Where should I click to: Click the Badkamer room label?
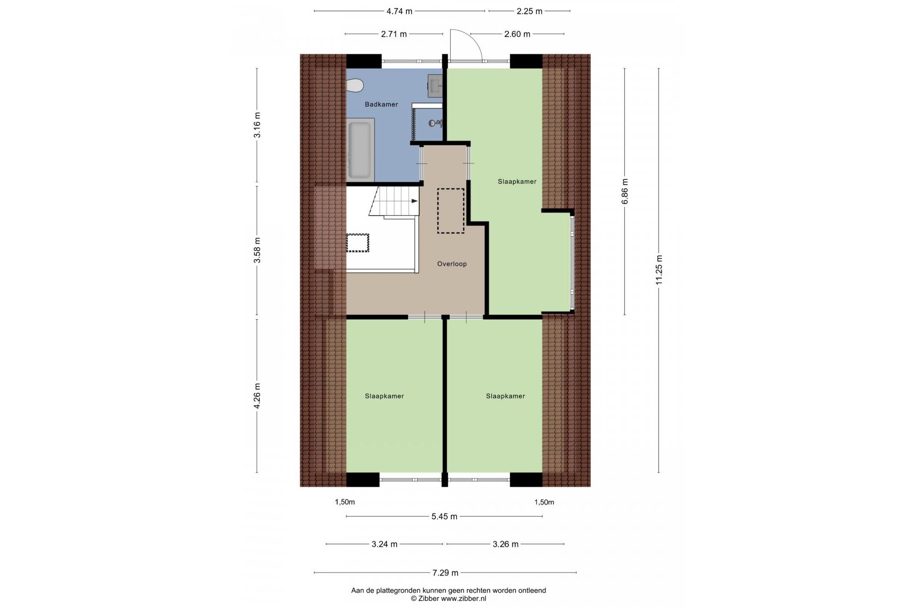coord(381,104)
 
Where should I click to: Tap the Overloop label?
coord(452,264)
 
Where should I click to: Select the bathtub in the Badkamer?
coord(360,149)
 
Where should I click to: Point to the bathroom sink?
coord(435,85)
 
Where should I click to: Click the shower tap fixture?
coord(435,123)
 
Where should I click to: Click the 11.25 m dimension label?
coord(659,269)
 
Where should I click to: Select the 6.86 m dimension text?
coord(625,191)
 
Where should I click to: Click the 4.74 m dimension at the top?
coord(399,11)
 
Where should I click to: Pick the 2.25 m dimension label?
coord(529,11)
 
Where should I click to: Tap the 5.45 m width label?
coord(445,517)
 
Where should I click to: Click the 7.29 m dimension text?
coord(446,573)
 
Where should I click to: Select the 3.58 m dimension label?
coord(257,251)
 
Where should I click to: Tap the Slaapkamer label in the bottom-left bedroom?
coord(384,396)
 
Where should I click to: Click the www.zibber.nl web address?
coord(463,599)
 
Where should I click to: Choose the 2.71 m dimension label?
coord(394,35)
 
